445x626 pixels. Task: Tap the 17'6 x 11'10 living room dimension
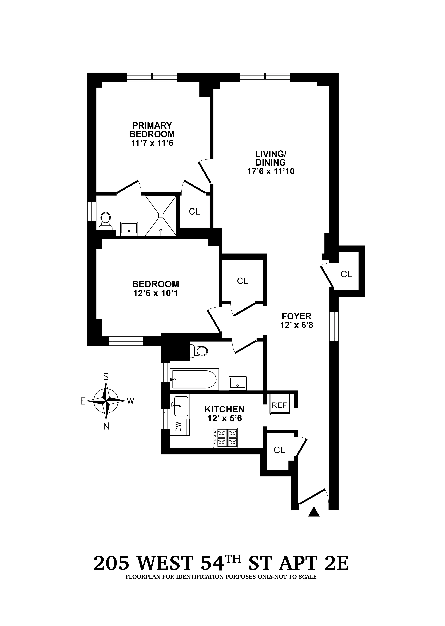271,171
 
